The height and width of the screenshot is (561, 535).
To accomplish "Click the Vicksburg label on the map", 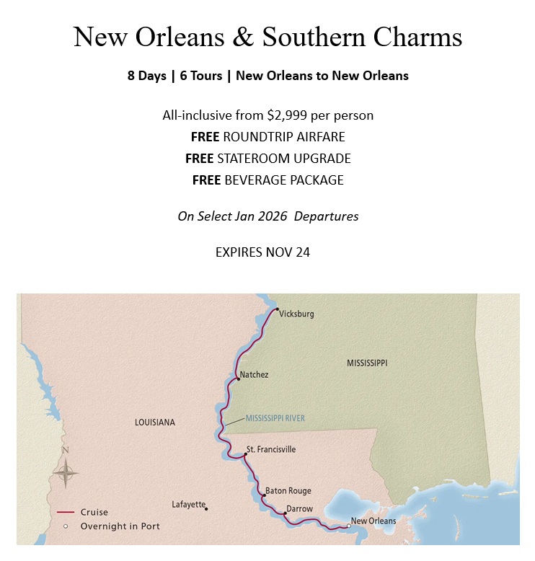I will coord(297,314).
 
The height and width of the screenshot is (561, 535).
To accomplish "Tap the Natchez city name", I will coord(254,375).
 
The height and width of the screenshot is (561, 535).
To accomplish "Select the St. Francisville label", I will coord(271,449).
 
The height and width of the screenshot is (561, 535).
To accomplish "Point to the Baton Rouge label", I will coord(288,491).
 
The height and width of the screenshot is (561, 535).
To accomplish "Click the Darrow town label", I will coord(300,509).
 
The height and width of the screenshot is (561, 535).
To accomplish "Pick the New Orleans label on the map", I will coord(373,521).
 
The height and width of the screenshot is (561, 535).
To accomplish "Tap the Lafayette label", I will coord(189,505).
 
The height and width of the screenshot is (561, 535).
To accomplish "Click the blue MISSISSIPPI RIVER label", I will coord(275,418).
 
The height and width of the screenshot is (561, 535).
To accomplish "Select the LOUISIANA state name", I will coord(155,423).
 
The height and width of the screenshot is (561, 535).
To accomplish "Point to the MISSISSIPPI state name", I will coord(367,363).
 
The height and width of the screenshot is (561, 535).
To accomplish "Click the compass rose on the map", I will coord(66,473).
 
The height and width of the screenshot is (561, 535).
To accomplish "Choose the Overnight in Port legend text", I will coord(120,526).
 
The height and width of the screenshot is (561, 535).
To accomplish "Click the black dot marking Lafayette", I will coord(207,509).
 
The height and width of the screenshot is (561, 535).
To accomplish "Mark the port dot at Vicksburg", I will coord(277,309).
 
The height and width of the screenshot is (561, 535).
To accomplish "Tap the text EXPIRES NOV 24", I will coord(262,253).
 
